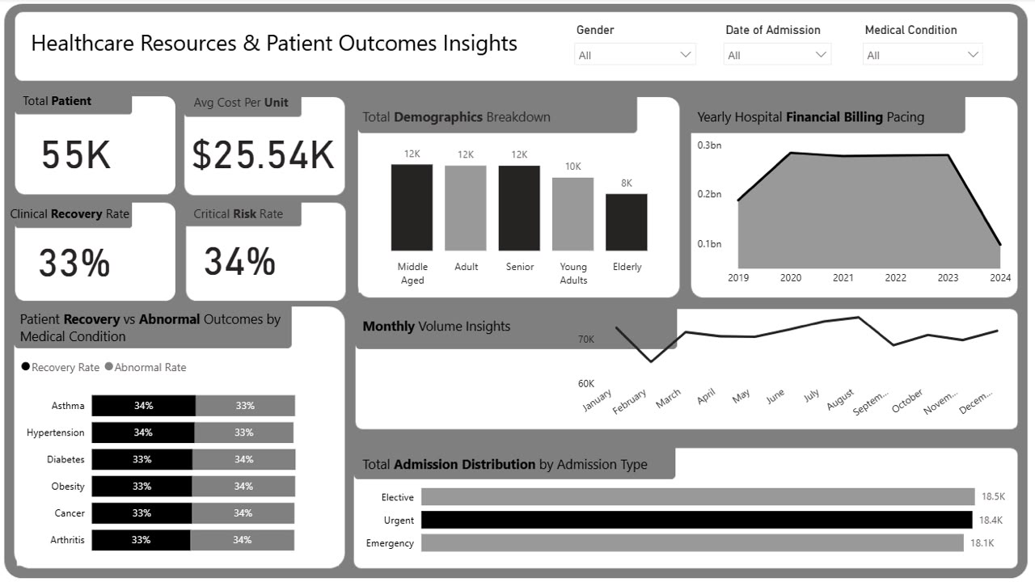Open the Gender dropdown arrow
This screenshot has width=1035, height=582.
click(685, 54)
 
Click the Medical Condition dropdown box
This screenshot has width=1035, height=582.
click(923, 54)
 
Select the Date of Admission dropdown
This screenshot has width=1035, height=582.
click(777, 54)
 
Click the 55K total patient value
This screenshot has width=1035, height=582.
click(76, 154)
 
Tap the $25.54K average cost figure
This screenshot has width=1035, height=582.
click(263, 154)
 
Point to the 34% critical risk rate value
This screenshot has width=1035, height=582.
click(240, 261)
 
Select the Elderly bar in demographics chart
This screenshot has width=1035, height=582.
click(627, 222)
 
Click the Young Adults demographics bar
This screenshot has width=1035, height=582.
click(573, 214)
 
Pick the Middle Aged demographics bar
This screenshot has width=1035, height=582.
click(412, 208)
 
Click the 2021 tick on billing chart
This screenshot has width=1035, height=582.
click(843, 277)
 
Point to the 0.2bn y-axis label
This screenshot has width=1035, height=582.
click(709, 194)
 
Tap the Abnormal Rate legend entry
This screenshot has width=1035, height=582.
click(146, 367)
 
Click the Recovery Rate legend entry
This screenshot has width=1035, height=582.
click(61, 367)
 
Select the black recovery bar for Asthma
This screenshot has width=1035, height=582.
click(143, 406)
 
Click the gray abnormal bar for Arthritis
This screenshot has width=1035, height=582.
click(242, 540)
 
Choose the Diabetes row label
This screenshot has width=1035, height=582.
click(65, 460)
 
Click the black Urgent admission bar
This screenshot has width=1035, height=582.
click(697, 520)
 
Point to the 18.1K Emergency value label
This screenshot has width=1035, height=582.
click(982, 543)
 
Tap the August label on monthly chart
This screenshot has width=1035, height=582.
click(840, 400)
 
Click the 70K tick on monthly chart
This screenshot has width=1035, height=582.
click(586, 339)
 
